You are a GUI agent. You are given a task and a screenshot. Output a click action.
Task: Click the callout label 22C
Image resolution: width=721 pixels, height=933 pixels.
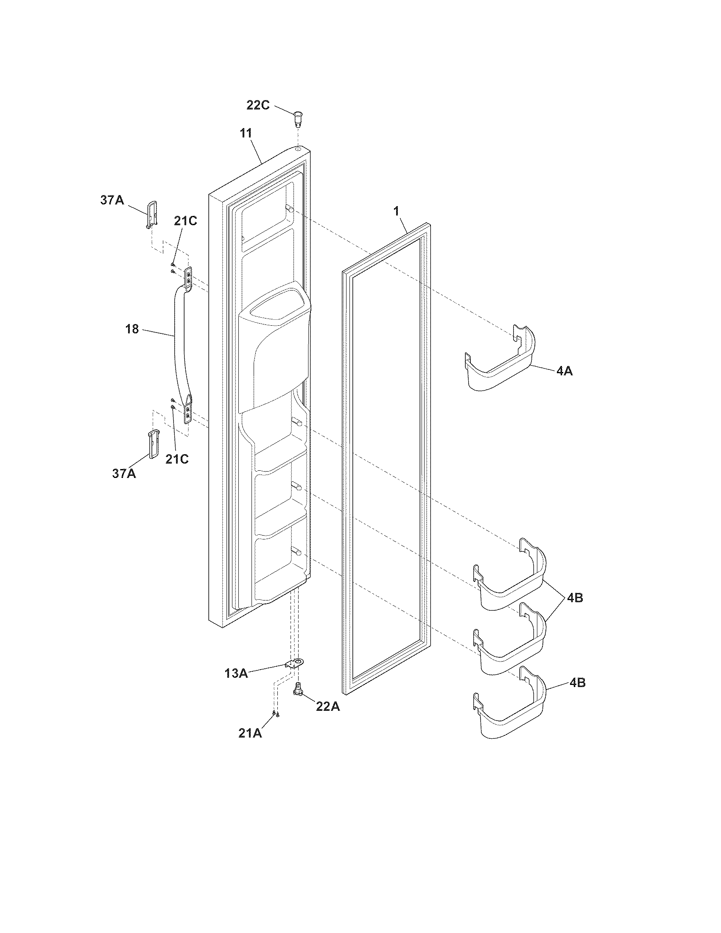coord(258,105)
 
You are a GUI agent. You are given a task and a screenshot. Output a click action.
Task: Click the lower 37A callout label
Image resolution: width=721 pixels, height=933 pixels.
coord(124,473)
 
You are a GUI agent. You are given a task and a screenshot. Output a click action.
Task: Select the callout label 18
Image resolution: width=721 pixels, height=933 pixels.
coord(132,329)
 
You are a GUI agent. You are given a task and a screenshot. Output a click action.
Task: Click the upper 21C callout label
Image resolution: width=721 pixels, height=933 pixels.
coord(185,221)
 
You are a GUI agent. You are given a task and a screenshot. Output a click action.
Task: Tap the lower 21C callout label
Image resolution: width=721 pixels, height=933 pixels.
coord(177,459)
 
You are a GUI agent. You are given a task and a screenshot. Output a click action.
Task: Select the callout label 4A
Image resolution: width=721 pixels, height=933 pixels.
coord(564,371)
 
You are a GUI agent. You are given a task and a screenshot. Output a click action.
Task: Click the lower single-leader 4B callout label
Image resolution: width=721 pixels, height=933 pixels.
coord(577,683)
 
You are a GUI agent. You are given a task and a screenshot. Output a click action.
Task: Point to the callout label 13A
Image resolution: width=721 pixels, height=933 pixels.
coord(236,673)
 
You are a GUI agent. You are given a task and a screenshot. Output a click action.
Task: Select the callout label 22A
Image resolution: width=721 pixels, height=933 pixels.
coord(328,707)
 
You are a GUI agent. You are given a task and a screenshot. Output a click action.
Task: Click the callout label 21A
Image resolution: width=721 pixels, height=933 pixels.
coord(250,733)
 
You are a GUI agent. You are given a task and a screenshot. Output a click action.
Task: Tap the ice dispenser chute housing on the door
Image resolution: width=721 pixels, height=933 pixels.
coord(274,342)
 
